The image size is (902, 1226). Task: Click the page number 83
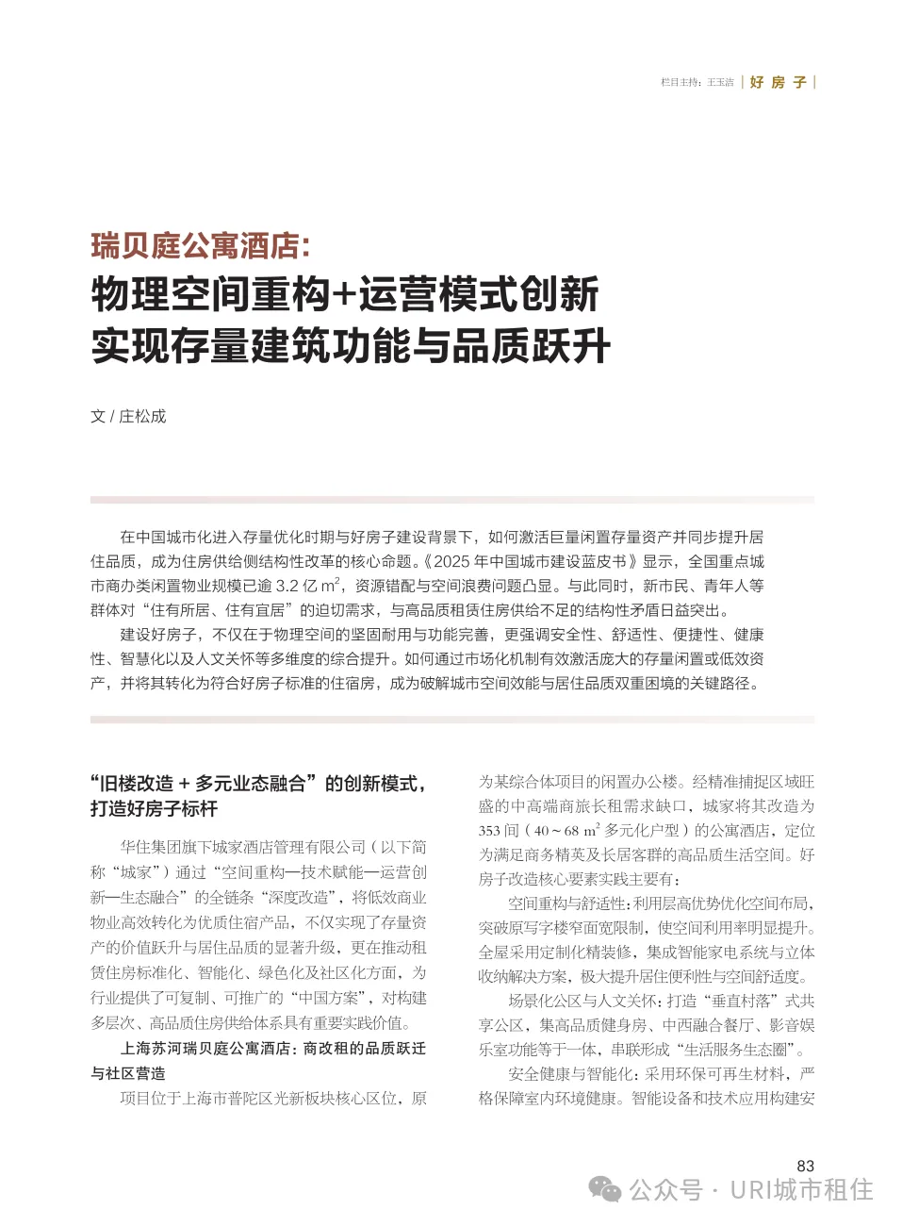(805, 1166)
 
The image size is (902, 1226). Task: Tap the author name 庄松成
(142, 417)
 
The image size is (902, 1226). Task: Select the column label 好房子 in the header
(779, 83)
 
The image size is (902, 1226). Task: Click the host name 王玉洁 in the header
(720, 83)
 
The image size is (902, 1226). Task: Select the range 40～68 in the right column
(556, 831)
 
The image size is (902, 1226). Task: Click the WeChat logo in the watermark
(604, 1190)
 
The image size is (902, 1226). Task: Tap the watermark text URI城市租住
(801, 1190)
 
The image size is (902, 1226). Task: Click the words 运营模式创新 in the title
(478, 295)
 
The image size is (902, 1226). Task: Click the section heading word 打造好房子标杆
(154, 809)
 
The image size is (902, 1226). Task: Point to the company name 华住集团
(150, 848)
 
